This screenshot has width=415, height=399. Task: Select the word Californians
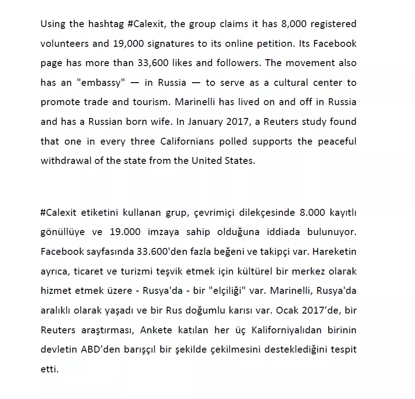tap(187, 141)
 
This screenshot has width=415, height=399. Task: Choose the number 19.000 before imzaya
tap(125, 232)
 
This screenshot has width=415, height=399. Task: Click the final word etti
tap(50, 369)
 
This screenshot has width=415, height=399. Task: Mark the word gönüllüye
tap(63, 232)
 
